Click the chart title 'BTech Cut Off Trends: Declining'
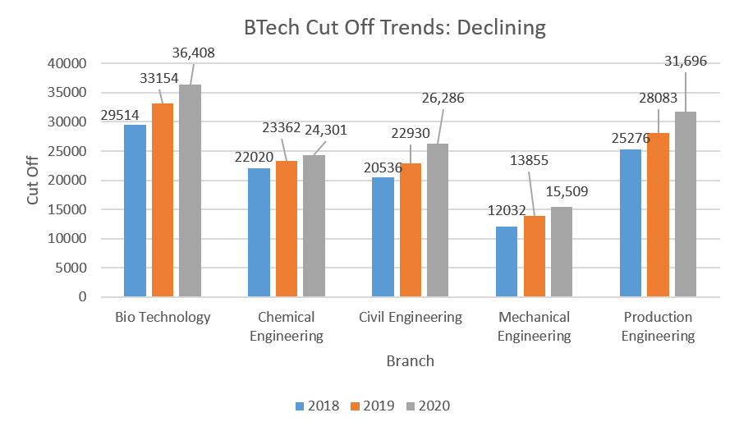[394, 27]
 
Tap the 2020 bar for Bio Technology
[190, 190]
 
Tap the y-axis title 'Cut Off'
[33, 180]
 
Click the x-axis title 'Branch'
[410, 360]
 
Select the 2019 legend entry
[372, 406]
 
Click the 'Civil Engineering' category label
[411, 317]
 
